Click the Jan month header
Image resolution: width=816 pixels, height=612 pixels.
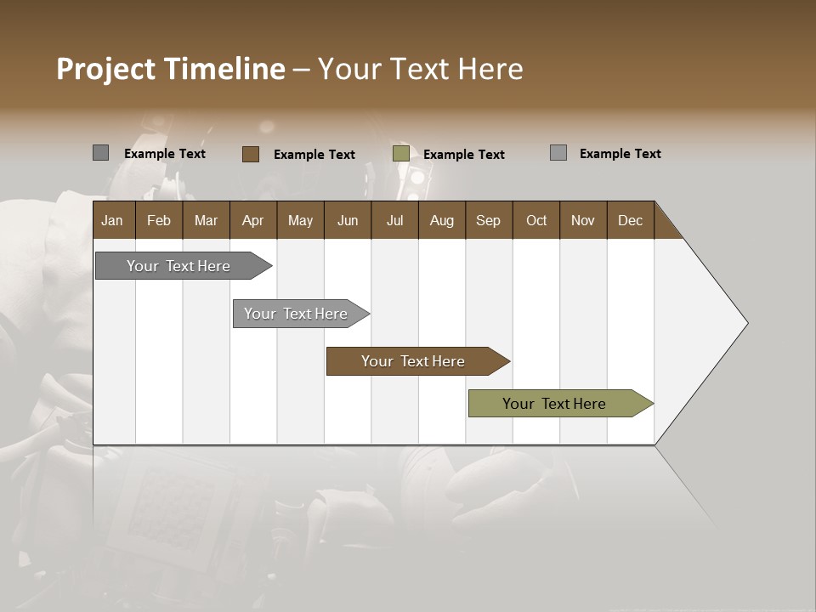(x=112, y=220)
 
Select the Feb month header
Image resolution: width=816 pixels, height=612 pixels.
(x=159, y=220)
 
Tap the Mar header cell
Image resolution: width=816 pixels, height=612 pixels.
(x=206, y=220)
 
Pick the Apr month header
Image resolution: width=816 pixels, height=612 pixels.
(x=252, y=220)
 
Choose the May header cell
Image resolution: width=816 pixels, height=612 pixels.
(x=300, y=220)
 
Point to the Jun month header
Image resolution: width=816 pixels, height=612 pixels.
(x=348, y=220)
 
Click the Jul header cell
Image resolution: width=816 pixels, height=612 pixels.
(x=394, y=220)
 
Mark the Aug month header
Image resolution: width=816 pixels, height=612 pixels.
(x=441, y=220)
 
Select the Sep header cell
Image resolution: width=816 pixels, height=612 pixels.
(x=488, y=220)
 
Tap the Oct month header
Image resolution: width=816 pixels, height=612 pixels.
(x=536, y=220)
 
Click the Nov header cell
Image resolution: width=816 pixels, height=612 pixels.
(x=583, y=220)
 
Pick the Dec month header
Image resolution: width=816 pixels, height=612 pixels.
(x=630, y=220)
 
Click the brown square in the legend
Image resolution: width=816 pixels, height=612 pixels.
(x=250, y=154)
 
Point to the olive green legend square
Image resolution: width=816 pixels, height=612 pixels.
(x=401, y=154)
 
